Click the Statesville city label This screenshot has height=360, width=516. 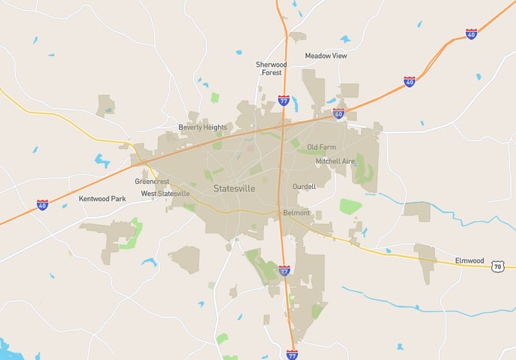(234, 189)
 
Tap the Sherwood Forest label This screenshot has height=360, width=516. (271, 69)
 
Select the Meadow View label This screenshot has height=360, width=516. (326, 56)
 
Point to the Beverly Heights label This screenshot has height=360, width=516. (202, 127)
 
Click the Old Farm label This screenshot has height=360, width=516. (321, 147)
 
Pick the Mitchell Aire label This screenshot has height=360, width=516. (335, 161)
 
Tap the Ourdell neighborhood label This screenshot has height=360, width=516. (304, 186)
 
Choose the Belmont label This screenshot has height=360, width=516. (296, 213)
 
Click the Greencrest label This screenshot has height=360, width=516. (152, 181)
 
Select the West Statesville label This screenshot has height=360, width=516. (165, 194)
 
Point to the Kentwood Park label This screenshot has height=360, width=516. (102, 199)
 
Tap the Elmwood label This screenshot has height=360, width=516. (469, 260)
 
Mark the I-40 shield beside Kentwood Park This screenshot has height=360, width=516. (42, 205)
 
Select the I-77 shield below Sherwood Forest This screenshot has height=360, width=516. (283, 100)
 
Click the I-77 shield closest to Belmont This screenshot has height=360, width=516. (284, 270)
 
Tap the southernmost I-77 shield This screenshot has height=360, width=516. (292, 354)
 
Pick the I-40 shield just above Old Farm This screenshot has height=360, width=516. (339, 114)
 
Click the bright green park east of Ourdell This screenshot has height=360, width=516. (350, 206)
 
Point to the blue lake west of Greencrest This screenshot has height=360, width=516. (102, 160)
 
